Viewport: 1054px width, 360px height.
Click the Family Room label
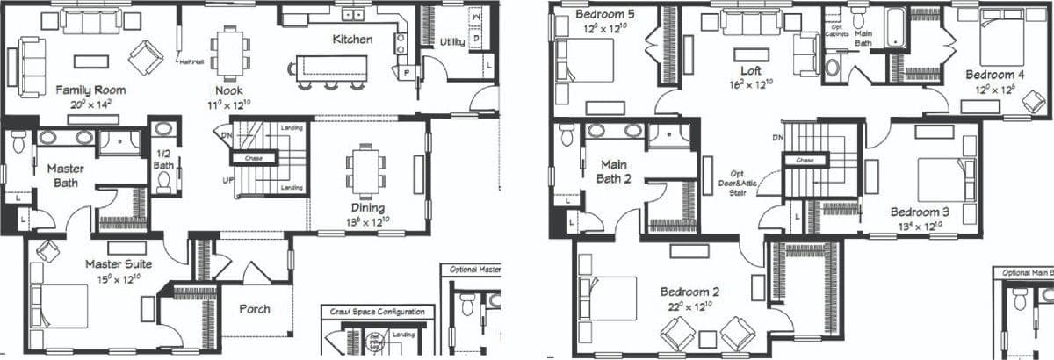[90, 90]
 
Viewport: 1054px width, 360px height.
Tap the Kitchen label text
[352, 40]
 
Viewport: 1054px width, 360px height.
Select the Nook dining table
[230, 50]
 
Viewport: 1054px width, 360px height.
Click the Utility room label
[452, 42]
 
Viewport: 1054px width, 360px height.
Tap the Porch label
[255, 309]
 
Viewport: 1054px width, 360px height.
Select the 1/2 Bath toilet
[163, 181]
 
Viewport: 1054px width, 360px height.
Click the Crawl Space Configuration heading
[377, 312]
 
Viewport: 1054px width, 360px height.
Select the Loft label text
[751, 70]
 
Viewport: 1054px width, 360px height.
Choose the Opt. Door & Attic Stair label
[738, 183]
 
